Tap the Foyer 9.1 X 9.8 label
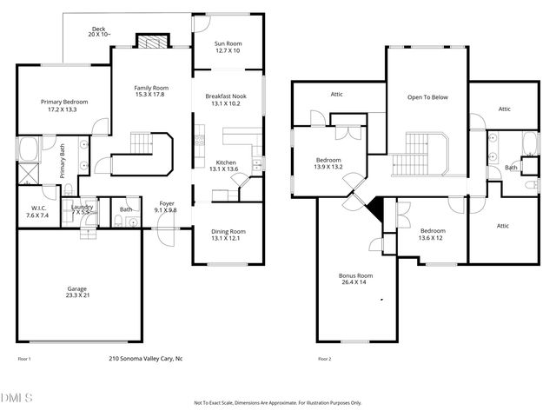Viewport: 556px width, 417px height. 165,206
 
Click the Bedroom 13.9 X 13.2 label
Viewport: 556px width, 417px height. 328,163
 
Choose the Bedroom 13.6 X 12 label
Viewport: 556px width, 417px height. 431,235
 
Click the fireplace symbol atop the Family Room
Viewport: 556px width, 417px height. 149,41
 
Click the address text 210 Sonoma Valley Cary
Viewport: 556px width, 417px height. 145,358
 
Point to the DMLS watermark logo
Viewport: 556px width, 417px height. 17,397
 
